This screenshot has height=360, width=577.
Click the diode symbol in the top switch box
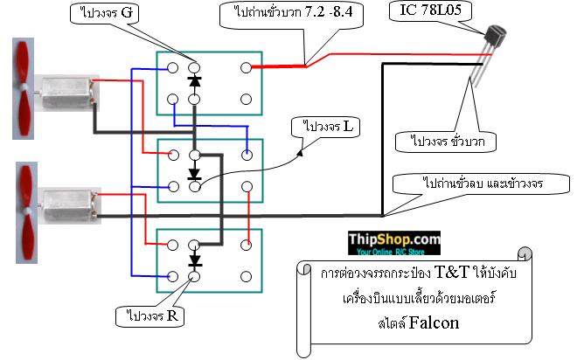193,83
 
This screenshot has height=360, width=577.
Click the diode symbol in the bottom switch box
193,260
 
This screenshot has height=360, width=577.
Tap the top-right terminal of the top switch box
247,66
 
